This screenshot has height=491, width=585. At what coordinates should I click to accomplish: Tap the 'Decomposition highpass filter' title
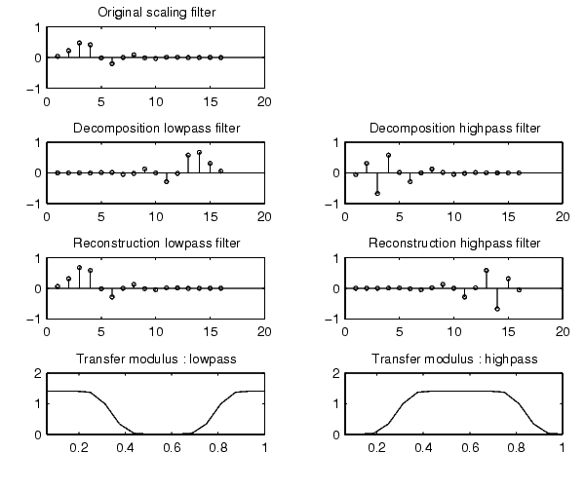click(453, 129)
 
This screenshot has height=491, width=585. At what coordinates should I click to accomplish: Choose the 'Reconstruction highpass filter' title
click(453, 244)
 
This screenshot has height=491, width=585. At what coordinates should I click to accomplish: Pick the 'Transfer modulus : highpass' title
click(453, 359)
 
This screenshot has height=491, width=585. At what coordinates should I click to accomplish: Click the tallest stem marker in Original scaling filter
click(79, 43)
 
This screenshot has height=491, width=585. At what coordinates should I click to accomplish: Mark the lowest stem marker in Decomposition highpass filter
click(377, 194)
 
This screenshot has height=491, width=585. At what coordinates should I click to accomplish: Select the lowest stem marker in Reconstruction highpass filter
click(496, 309)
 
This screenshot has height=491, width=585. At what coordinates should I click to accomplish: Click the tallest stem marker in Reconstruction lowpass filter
click(79, 267)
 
